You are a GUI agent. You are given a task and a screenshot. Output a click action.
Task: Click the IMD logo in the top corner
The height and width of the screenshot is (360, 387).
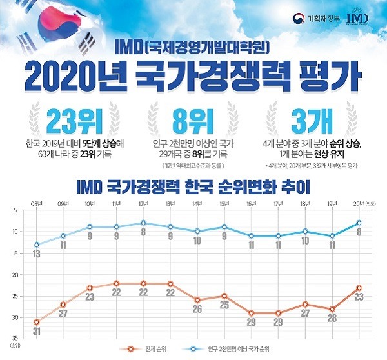click(x=358, y=17)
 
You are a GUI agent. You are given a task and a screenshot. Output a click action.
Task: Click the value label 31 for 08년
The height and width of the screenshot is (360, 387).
click(x=37, y=332)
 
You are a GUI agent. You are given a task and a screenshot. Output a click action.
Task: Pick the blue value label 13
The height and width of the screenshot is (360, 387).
click(x=37, y=255)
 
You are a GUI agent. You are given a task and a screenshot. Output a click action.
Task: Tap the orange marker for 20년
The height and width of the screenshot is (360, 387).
click(x=359, y=288)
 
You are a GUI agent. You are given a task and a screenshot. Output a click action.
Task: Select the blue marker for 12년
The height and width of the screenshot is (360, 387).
click(x=143, y=223)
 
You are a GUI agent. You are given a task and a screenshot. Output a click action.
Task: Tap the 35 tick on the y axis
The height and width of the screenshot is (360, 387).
click(x=14, y=339)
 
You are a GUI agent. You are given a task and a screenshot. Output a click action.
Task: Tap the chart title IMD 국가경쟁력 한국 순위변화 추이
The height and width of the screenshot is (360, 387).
click(x=193, y=187)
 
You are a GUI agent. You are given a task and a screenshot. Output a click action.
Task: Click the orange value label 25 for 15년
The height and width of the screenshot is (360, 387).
click(x=224, y=305)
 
